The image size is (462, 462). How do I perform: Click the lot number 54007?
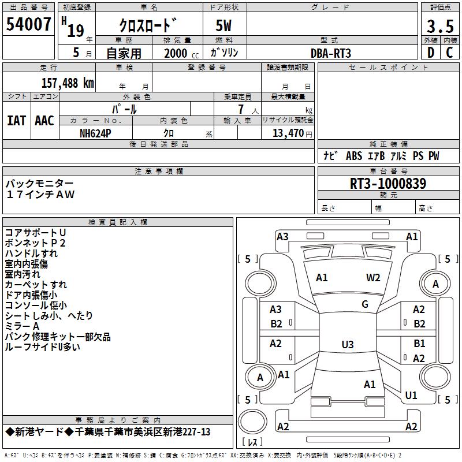click(x=28, y=24)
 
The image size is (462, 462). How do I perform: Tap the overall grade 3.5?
click(x=440, y=26)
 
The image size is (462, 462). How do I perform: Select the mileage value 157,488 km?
click(x=68, y=83)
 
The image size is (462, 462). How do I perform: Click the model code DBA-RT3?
click(x=331, y=53)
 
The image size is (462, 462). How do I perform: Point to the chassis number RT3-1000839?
click(x=388, y=184)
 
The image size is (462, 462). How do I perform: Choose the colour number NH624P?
click(x=95, y=133)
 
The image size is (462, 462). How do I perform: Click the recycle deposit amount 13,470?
click(x=288, y=133)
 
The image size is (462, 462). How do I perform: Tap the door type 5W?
click(x=223, y=25)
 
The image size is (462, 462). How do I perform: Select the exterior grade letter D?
click(x=431, y=53)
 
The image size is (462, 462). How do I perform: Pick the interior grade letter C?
click(x=449, y=53)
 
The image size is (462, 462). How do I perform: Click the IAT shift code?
click(x=17, y=121)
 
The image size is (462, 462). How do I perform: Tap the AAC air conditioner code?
click(x=44, y=121)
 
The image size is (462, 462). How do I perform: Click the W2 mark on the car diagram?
click(x=373, y=278)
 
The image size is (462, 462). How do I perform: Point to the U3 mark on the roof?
click(x=348, y=344)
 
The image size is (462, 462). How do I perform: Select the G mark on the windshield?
click(x=365, y=304)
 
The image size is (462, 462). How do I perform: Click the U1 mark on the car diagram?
click(x=411, y=396)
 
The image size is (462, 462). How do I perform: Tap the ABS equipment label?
click(x=354, y=156)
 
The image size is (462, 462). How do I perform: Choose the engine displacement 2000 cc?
click(x=181, y=53)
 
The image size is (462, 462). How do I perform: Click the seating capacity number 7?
click(x=241, y=109)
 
